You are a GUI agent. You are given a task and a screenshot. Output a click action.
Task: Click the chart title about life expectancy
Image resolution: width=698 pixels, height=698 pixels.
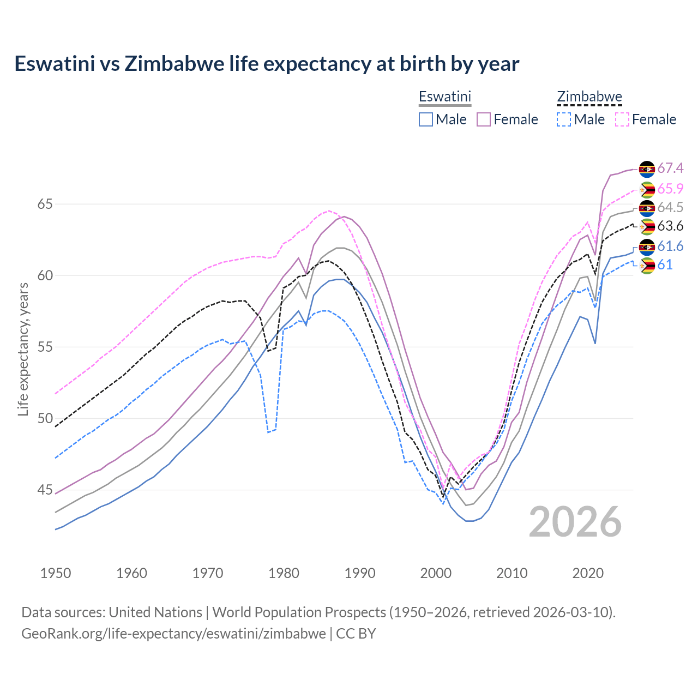[x=267, y=64]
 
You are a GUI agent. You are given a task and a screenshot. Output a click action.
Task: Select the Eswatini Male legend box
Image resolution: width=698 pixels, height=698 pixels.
[x=426, y=119]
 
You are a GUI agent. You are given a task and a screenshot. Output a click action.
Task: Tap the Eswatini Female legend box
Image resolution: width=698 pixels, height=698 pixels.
[x=484, y=119]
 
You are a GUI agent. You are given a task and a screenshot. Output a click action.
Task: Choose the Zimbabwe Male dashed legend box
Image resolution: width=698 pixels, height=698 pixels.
[x=564, y=119]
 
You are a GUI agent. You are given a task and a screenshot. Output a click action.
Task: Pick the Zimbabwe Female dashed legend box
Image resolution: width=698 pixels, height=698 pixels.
[x=622, y=119]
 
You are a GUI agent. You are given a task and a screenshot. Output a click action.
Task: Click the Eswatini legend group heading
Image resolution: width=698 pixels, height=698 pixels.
[x=444, y=97]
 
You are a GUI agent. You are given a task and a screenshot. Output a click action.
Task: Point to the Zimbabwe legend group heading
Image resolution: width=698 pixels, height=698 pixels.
[x=589, y=97]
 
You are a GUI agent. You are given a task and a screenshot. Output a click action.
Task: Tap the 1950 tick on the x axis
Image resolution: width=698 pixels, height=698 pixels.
[x=56, y=573]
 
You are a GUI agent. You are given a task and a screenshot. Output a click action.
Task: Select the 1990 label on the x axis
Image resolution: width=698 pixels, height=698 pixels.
[x=360, y=573]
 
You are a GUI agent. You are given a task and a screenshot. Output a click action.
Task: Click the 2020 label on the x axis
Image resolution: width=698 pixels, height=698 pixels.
[x=588, y=573]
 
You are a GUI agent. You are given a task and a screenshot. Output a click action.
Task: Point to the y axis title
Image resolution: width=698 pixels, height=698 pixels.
[x=23, y=349]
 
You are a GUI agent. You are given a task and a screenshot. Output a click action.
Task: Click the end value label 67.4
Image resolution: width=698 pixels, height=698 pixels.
[x=670, y=168]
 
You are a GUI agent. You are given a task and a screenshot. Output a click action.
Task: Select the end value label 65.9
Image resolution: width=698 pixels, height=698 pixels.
[x=670, y=189]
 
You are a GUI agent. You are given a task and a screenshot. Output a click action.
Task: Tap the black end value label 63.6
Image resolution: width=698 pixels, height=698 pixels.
[x=670, y=226]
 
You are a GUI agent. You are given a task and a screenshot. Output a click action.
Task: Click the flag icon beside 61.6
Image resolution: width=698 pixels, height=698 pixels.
[x=647, y=247]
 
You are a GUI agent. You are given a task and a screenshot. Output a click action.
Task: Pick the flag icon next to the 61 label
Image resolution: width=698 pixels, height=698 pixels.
[x=647, y=266]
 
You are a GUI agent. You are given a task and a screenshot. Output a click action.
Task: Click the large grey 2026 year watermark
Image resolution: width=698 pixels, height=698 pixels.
[x=575, y=522]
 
